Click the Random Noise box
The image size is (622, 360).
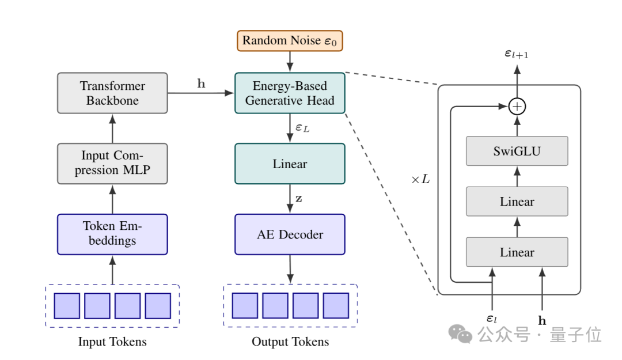290,41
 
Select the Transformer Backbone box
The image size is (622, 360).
112,93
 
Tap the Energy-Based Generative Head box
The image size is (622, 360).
290,93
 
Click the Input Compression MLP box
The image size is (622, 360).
112,164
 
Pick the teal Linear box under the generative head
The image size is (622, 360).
290,164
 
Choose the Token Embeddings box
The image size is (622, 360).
112,234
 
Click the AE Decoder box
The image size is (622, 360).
290,234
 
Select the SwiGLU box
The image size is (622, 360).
517,151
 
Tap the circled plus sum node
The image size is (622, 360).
517,107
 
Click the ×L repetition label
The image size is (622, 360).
420,179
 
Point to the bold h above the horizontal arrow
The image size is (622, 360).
201,84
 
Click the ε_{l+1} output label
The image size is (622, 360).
517,54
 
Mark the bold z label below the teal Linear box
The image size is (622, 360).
299,198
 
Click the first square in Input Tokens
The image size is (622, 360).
67,306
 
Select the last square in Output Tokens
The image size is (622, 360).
336,306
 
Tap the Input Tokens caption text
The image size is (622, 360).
112,342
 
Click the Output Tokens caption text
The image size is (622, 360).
290,342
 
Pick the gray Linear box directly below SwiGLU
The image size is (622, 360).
517,202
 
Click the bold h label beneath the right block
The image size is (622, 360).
542,321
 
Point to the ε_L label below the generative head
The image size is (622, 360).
302,128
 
